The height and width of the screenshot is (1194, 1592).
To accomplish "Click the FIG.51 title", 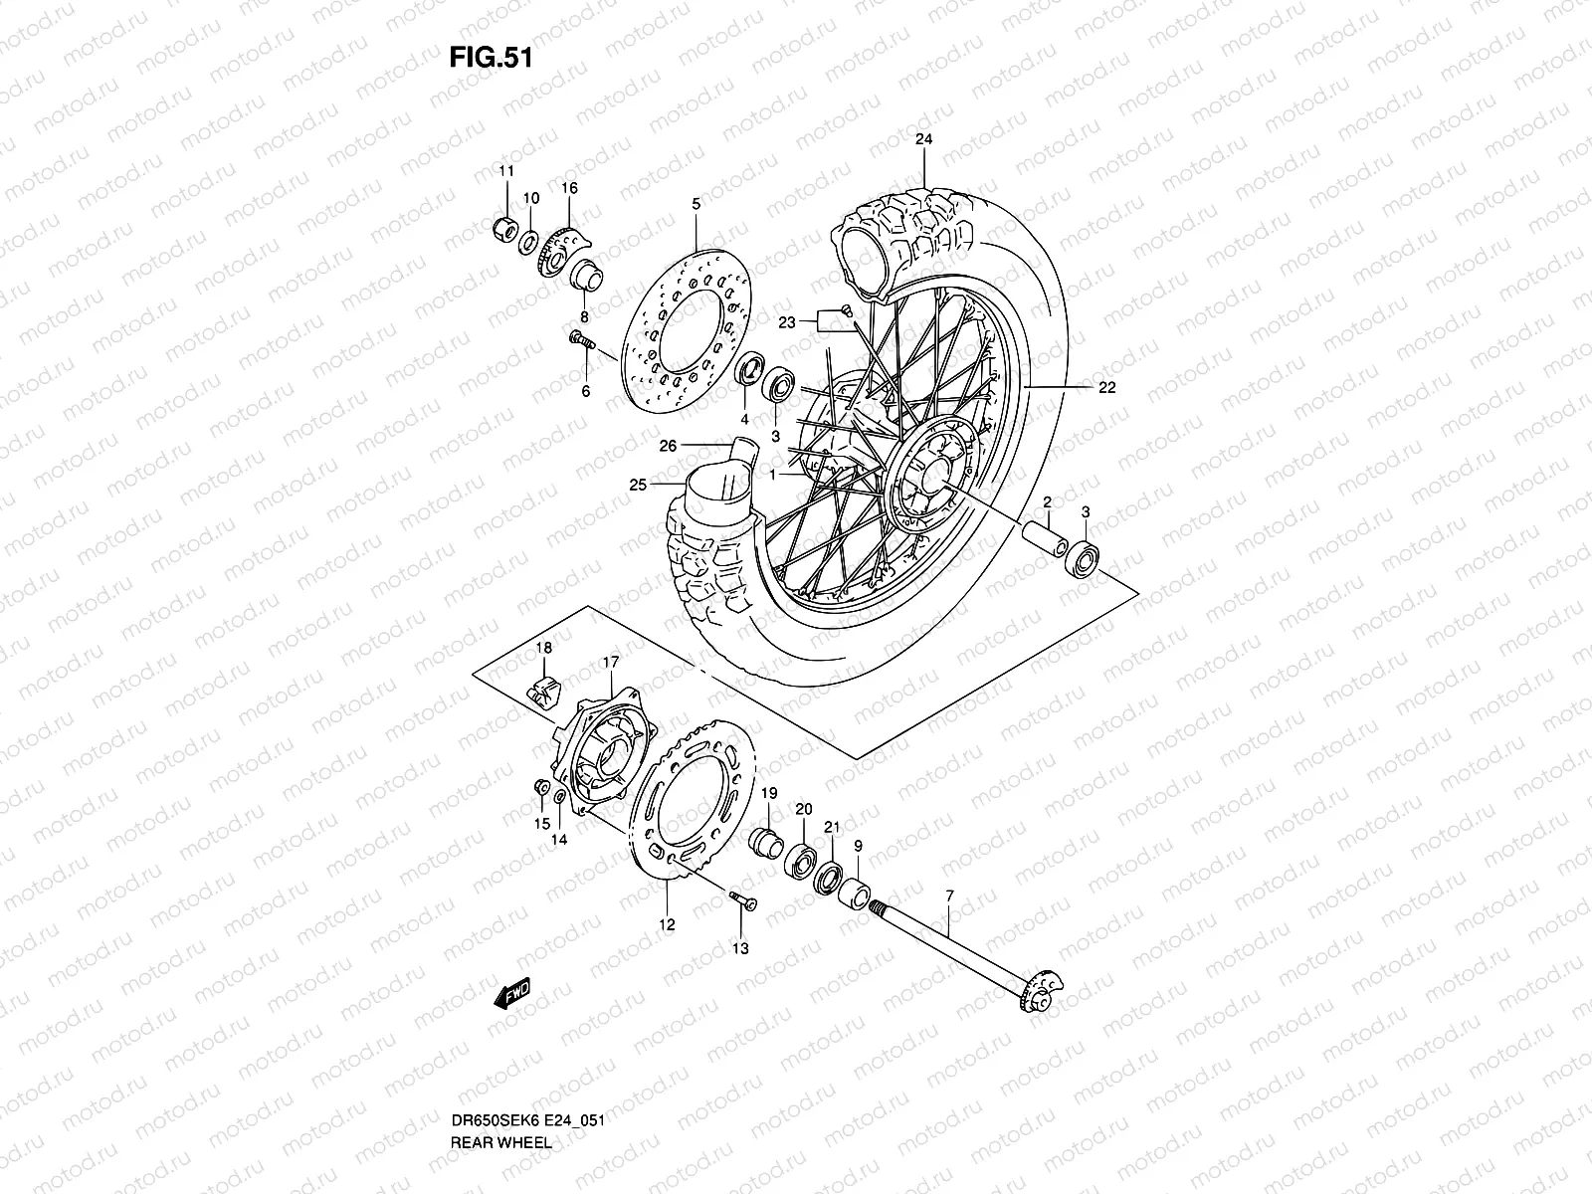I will [492, 58].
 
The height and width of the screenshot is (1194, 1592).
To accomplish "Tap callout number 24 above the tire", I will [923, 140].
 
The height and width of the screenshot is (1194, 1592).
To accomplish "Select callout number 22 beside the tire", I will [1106, 389].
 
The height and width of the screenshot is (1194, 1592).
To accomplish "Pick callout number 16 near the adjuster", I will [569, 188].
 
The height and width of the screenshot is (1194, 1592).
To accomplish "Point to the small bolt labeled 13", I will [742, 900].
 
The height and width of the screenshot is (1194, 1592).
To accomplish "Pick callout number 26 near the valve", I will [669, 446].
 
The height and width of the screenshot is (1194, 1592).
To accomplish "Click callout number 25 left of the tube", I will [638, 485].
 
